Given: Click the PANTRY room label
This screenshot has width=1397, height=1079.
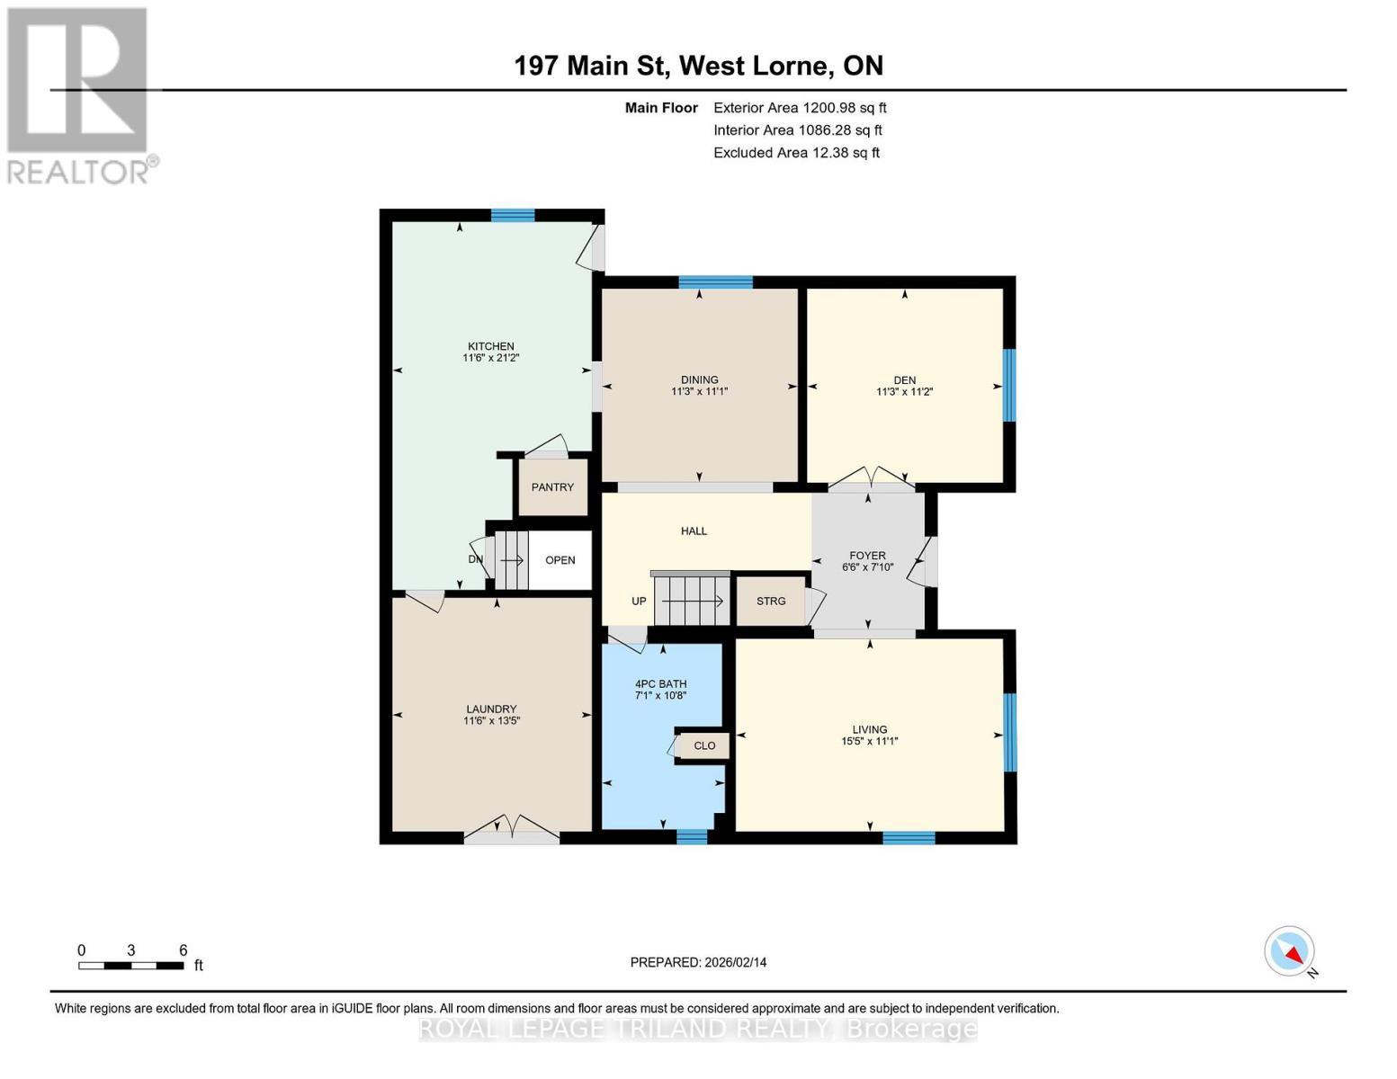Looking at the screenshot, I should point(552,487).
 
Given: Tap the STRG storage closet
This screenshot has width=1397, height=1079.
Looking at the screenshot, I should point(771,602).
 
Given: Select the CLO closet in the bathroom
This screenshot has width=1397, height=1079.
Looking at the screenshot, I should point(704,745).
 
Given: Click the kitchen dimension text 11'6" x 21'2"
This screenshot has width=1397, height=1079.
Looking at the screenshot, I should point(491,358).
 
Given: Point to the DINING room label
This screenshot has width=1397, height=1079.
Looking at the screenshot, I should point(699,379).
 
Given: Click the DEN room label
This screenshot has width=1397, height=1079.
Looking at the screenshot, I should point(904,380).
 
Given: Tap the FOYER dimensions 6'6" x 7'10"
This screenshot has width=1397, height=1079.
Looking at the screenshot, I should point(867,567).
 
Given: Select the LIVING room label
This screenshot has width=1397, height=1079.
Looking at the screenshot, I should point(869,729).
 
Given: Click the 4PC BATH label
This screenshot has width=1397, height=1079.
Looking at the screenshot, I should point(660,683).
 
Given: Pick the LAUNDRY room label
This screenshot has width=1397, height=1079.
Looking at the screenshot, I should point(491,709).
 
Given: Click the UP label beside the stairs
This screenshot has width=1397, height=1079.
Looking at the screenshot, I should point(639,602).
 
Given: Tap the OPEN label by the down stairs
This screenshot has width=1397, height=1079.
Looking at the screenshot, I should point(560,560).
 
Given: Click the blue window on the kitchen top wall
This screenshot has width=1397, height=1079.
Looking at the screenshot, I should point(513,215).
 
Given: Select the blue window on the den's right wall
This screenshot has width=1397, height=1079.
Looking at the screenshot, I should point(1008,385).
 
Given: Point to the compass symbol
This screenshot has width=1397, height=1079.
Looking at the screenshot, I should point(1290,951).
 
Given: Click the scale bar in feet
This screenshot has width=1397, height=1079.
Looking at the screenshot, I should point(131,966).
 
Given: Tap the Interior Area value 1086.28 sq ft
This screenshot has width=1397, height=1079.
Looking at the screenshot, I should point(839,130).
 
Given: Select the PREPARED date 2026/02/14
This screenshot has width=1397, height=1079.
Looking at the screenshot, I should point(698,962).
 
